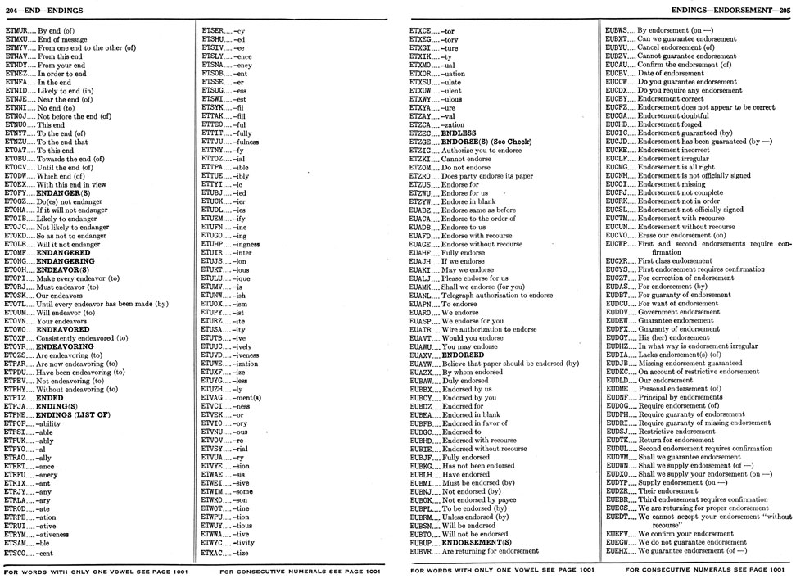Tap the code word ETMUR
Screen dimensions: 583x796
point(16,29)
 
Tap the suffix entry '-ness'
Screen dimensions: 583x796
point(241,405)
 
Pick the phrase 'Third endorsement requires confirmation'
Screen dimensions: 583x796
point(703,499)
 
